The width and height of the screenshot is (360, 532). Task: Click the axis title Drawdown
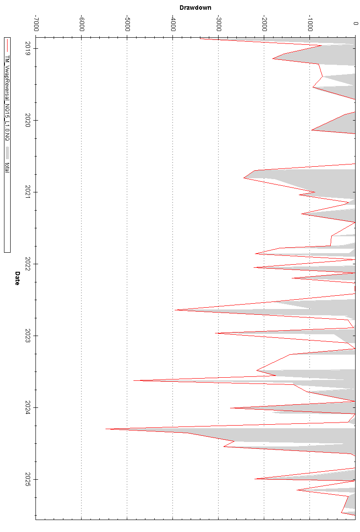[x=195, y=8]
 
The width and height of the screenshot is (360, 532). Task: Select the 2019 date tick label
[x=28, y=48]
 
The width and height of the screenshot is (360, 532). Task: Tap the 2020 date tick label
[x=28, y=120]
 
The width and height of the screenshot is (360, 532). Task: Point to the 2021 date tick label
[x=28, y=192]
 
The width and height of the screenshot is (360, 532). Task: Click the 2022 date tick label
[x=28, y=264]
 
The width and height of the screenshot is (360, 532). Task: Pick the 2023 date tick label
[x=28, y=336]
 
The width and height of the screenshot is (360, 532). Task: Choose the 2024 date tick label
[x=28, y=407]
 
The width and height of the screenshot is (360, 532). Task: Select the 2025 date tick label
[x=28, y=479]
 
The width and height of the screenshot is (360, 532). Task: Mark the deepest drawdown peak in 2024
[x=106, y=429]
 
